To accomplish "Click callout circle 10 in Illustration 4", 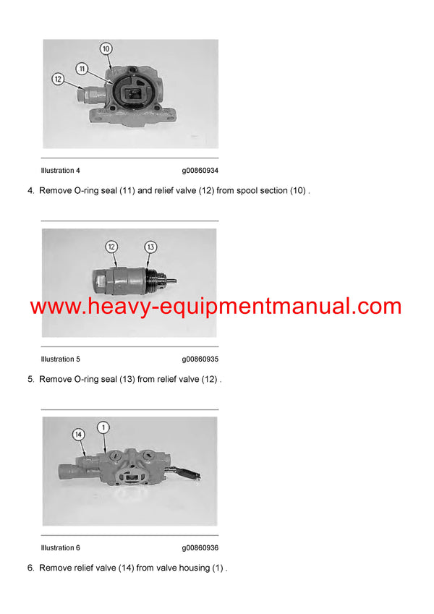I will [106, 49].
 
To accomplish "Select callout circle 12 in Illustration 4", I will [57, 79].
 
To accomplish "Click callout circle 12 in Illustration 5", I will [111, 247].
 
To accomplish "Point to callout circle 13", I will [150, 247].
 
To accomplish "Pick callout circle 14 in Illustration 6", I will [78, 434].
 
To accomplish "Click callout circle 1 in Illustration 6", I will [103, 427].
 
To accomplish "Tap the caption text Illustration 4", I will [61, 171].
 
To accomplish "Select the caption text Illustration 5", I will [61, 359].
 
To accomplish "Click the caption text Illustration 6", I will [61, 548].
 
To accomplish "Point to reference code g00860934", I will [200, 171].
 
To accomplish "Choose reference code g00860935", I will [200, 359].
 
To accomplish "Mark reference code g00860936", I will [200, 548].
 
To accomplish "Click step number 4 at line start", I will [30, 191].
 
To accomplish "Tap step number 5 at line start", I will [30, 380].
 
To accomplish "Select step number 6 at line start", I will [30, 568].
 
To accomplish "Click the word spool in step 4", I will [242, 191].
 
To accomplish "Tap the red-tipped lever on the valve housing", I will [191, 474].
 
